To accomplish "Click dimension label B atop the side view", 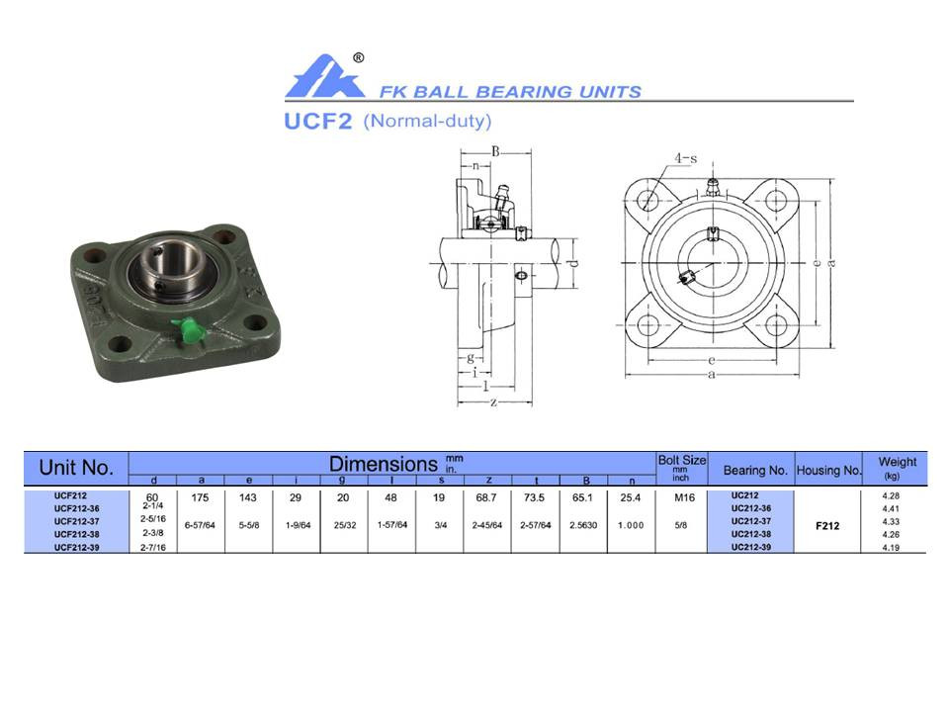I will (495, 151).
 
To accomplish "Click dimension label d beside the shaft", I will (573, 262).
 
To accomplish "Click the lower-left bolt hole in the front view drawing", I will (647, 325).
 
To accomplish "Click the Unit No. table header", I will (76, 467).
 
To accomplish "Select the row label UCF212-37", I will (76, 520).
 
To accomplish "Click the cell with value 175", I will (201, 497).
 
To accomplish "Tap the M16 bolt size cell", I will (681, 497).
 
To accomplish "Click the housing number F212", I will (827, 526).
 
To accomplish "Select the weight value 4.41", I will (889, 508).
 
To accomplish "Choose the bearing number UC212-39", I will (751, 546).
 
